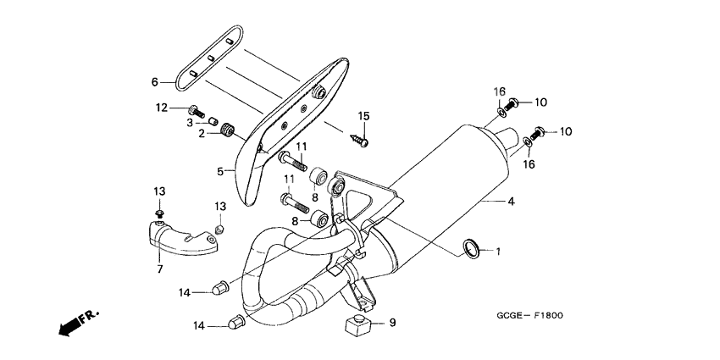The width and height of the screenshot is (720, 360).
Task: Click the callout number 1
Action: click(499, 252)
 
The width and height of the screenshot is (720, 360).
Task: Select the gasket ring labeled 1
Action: click(472, 247)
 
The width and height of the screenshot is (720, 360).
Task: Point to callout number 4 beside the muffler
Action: click(511, 202)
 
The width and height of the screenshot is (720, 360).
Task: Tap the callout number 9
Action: click(391, 323)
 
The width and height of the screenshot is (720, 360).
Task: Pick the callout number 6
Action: click(155, 82)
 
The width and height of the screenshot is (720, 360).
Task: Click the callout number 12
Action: click(161, 108)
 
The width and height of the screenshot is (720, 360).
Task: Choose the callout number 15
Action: click(363, 116)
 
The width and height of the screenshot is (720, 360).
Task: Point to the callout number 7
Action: click(158, 269)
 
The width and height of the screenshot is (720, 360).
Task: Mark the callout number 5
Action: click(220, 170)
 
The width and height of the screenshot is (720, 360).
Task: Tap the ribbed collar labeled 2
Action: click(227, 130)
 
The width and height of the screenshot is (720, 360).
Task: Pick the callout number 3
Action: click(191, 122)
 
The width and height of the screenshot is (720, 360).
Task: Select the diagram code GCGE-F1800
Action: click(530, 316)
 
